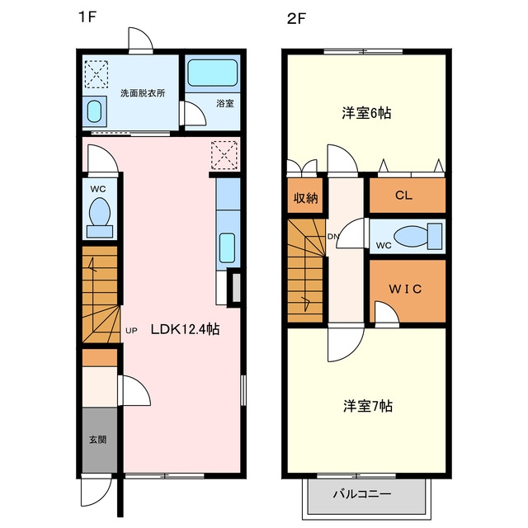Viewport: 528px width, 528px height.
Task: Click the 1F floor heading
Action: [87, 16]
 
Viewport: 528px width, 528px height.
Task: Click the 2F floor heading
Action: [296, 19]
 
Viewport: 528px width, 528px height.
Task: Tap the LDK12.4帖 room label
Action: [185, 329]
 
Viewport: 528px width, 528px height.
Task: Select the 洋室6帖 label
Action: [366, 113]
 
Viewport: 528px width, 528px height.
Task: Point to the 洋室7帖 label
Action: [368, 406]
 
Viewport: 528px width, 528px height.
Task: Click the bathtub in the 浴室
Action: [213, 73]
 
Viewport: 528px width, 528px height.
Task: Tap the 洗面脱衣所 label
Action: [143, 93]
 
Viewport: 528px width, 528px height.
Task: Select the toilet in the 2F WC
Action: [418, 236]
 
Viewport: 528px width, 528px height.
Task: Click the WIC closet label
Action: [405, 289]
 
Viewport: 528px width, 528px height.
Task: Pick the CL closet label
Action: [403, 195]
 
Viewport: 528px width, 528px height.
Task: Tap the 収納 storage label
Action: [305, 198]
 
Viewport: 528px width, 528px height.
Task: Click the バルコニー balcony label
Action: [362, 494]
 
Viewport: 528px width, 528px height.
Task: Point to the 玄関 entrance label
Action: [98, 439]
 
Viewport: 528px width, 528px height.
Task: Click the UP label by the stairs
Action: [131, 331]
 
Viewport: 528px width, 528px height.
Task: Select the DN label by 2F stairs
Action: [333, 237]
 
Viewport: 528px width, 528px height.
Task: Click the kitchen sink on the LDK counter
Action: [228, 247]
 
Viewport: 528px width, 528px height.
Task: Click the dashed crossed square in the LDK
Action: [224, 155]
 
